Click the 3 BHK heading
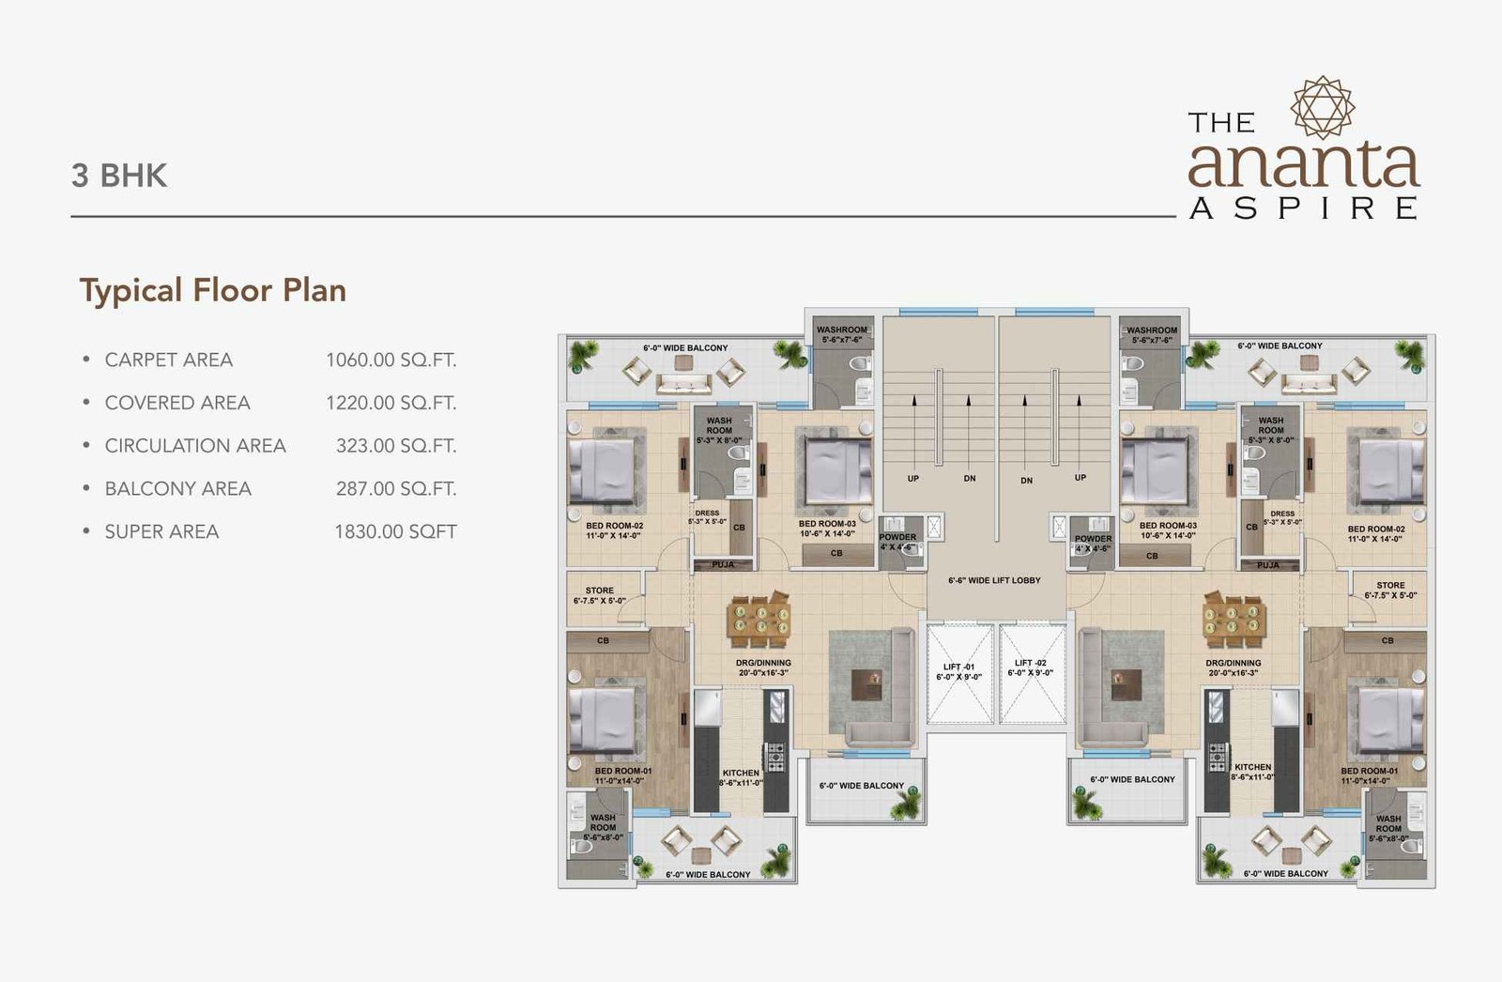(119, 176)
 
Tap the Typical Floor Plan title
(213, 290)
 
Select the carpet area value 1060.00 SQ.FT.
(391, 360)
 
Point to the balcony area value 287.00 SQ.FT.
(396, 488)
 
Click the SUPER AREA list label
(161, 531)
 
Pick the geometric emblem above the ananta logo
(1323, 108)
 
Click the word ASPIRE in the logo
(1304, 208)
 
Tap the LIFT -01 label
(958, 667)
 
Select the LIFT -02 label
(1030, 664)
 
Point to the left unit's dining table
(759, 621)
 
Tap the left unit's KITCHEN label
(741, 773)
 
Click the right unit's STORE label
(1390, 585)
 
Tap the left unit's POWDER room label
(897, 537)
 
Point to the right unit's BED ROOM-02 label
(1375, 529)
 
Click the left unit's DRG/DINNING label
(762, 663)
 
